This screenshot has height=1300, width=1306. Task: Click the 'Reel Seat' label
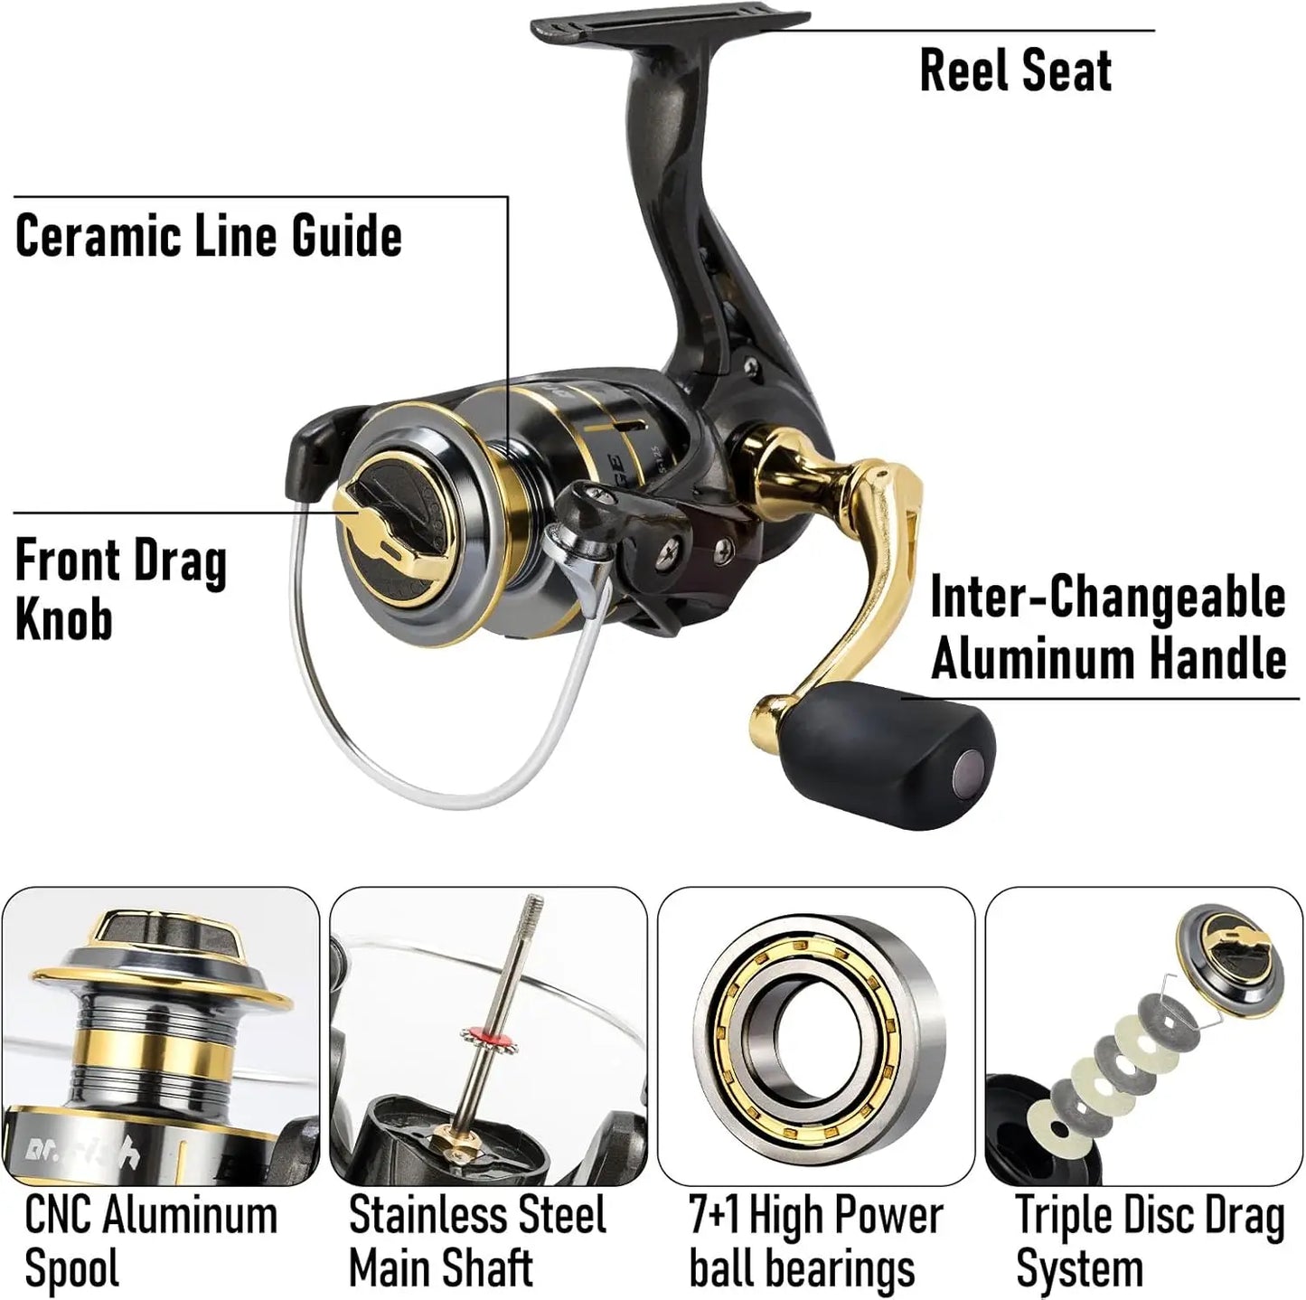tap(1015, 71)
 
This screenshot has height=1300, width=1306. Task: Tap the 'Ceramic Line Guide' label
tap(209, 237)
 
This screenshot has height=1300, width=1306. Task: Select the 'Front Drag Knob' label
tap(120, 589)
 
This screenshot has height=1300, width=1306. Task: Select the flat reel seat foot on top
tap(669, 28)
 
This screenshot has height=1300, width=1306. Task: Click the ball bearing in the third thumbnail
tap(816, 1034)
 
